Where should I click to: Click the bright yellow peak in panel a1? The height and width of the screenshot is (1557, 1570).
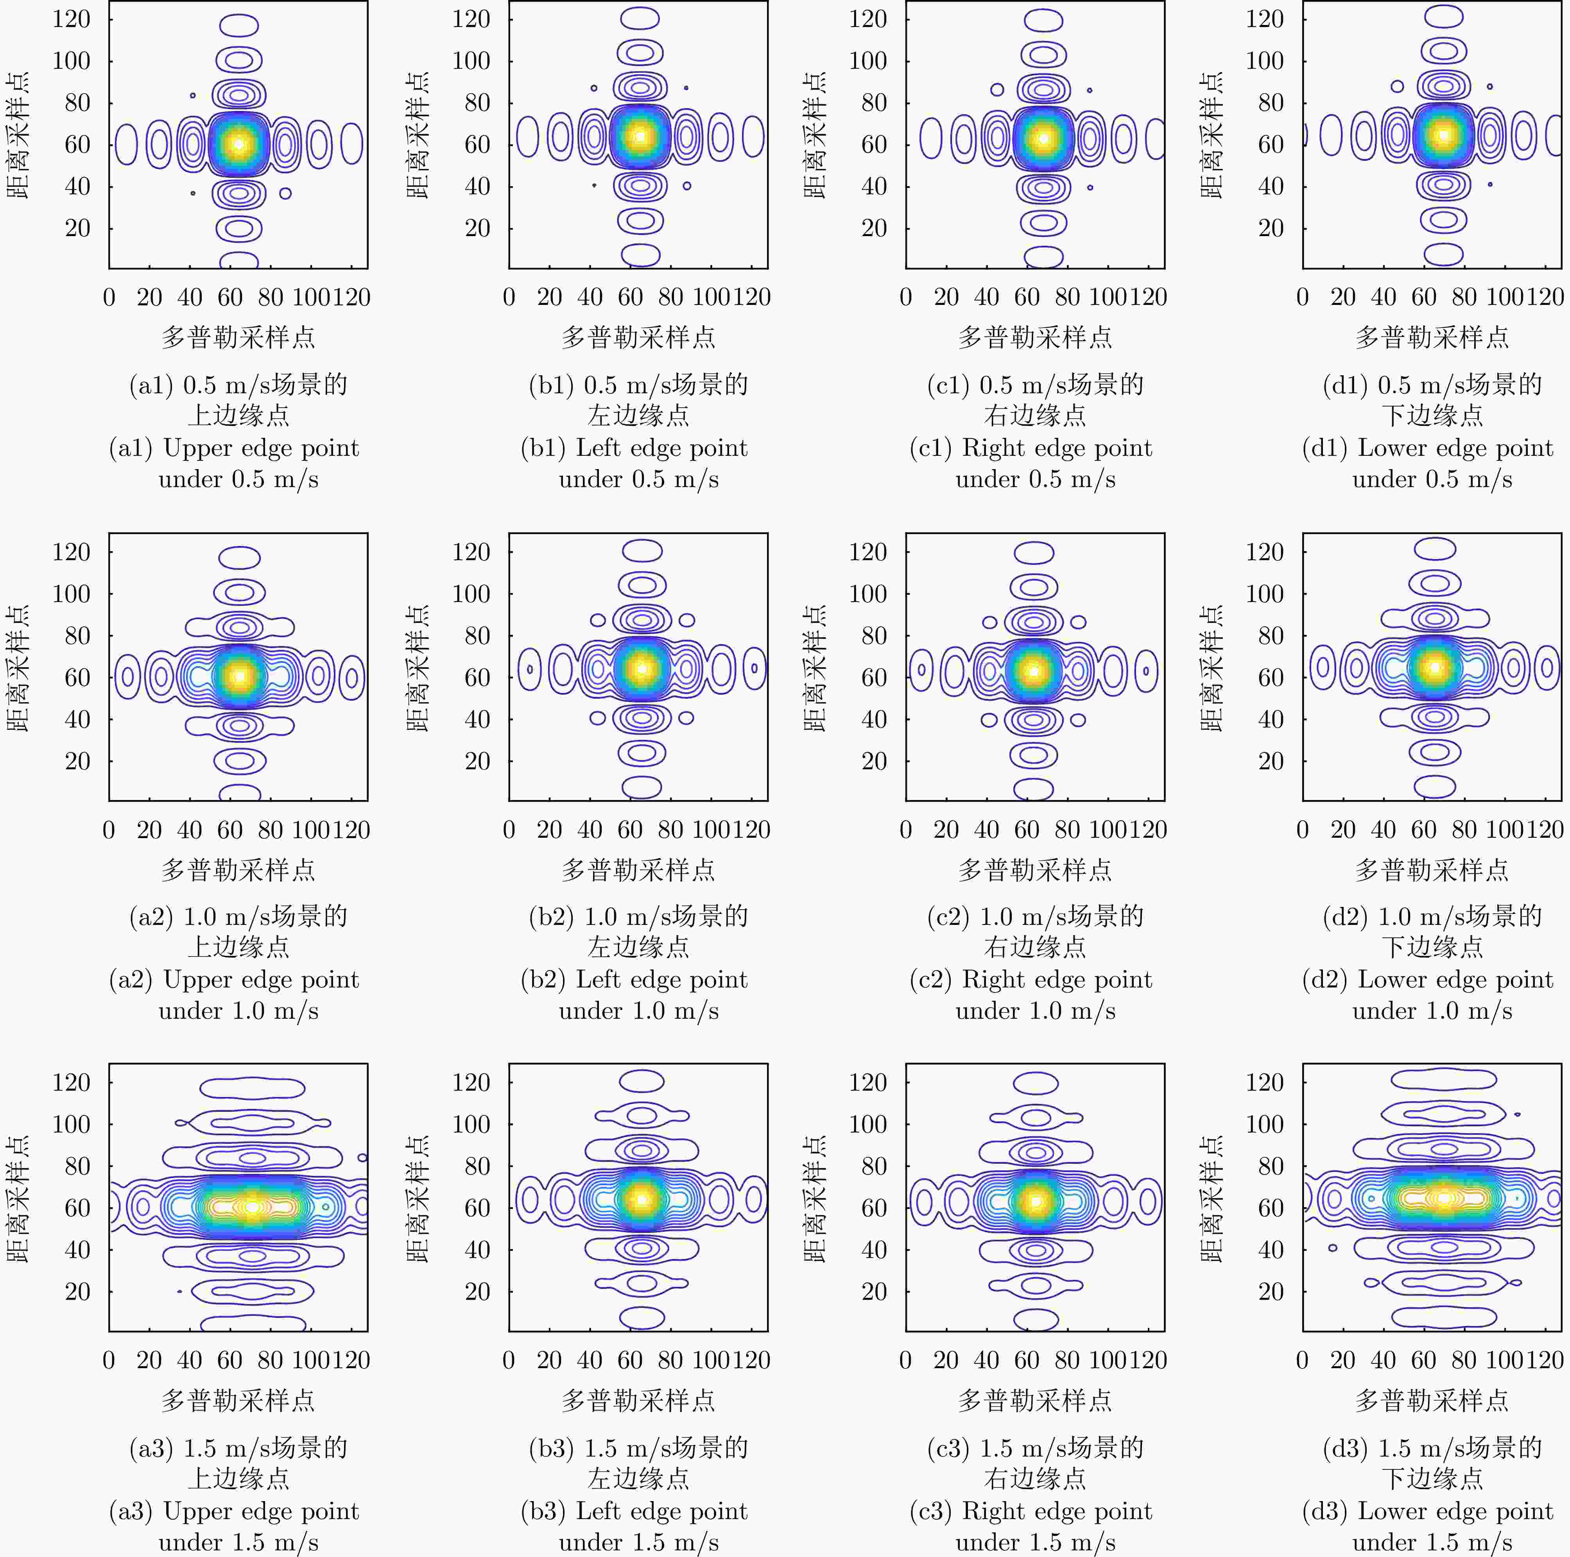[x=238, y=144]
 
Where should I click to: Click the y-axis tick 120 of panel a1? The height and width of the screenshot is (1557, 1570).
[x=72, y=19]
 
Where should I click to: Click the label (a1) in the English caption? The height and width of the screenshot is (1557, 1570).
[x=130, y=448]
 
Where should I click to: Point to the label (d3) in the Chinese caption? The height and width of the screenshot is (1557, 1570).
[x=1345, y=1447]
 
